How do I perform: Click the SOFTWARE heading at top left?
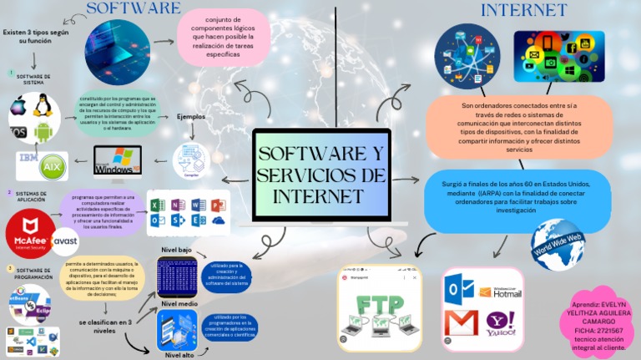click(x=134, y=8)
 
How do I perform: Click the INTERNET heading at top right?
click(x=523, y=10)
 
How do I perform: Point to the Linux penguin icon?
click(x=43, y=105)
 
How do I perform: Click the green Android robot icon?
click(x=43, y=131)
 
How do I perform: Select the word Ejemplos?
click(x=191, y=117)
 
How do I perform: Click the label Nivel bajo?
click(x=176, y=250)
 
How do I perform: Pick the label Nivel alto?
click(x=179, y=355)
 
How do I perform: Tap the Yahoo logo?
click(x=501, y=322)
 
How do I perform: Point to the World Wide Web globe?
click(x=558, y=244)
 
